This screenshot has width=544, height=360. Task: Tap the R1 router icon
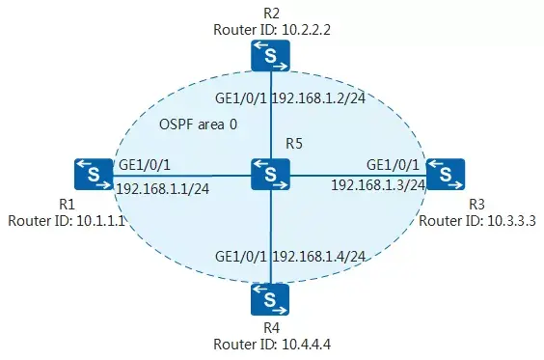point(93,175)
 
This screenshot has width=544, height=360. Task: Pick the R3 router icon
point(446,175)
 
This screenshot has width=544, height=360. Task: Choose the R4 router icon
point(271,299)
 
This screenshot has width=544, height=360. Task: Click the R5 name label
point(294,144)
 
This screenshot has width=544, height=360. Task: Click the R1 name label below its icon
point(67,205)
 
